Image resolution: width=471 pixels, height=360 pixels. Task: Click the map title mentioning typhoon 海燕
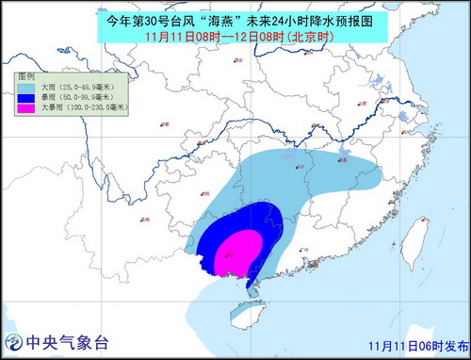(x=235, y=16)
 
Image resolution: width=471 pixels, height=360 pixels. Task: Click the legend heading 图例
(x=26, y=74)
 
